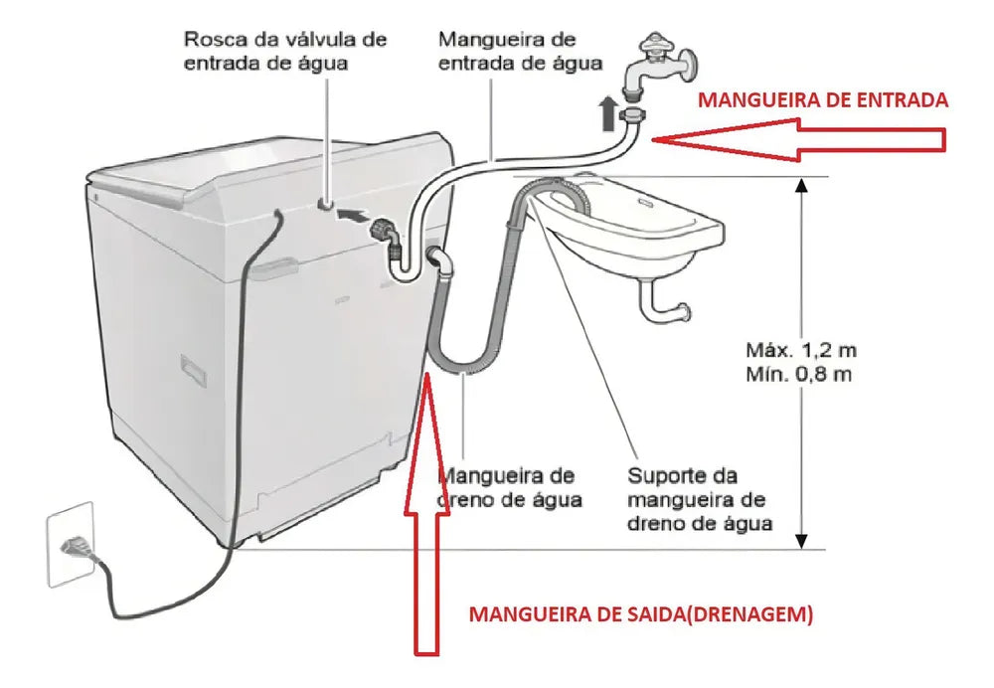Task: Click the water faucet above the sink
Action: tap(659, 67)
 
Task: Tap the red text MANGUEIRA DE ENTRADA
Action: tap(823, 100)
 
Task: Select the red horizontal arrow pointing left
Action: tap(800, 140)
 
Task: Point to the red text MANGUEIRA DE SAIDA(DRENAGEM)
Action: tap(640, 613)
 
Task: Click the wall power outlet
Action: tap(71, 544)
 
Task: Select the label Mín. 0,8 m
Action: tap(798, 374)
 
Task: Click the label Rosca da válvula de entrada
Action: tap(284, 51)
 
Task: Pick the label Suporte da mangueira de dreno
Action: tap(699, 499)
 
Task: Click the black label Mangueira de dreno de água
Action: tap(509, 487)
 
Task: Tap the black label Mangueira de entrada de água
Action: tap(520, 51)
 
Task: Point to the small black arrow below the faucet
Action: tap(608, 113)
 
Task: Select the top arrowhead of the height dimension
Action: tap(801, 185)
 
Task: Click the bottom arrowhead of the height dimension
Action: tap(801, 541)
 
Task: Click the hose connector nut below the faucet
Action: tap(633, 116)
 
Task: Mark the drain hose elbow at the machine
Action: tap(440, 259)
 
